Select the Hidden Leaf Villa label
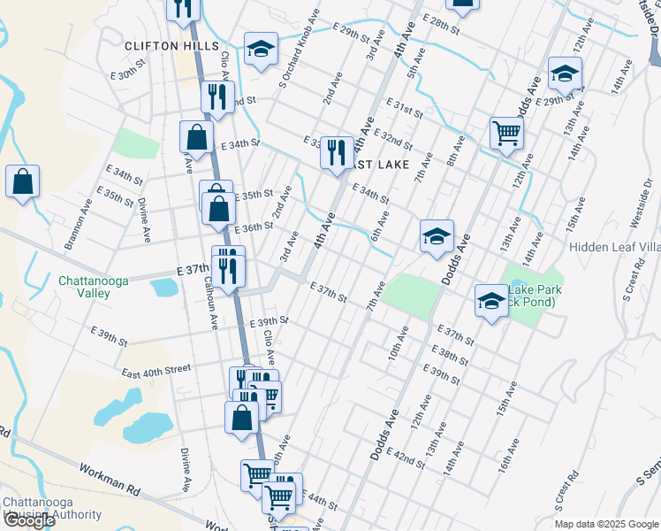pos(614,247)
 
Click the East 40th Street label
pos(156,370)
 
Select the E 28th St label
pos(442,24)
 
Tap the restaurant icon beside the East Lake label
pos(337,153)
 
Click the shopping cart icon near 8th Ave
pos(506,133)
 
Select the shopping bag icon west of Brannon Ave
pos(23,181)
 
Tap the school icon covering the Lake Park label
pos(491,301)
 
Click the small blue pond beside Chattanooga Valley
pos(164,287)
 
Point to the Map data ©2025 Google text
pos(606,523)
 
